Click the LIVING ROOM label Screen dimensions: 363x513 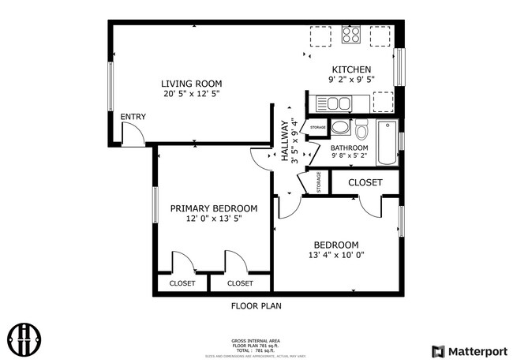click(x=191, y=84)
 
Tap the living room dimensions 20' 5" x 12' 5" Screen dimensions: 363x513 click(x=191, y=94)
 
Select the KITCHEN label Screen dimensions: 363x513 click(x=351, y=69)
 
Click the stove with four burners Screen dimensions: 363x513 click(x=351, y=36)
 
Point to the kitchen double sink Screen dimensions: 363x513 click(x=334, y=103)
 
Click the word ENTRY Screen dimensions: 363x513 click(x=133, y=118)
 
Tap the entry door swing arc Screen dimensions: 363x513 click(x=134, y=136)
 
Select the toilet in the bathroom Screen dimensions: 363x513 click(x=361, y=129)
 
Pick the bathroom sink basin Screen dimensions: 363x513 click(x=340, y=128)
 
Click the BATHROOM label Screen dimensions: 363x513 click(x=349, y=148)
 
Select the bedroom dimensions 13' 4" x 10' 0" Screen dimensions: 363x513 click(x=336, y=255)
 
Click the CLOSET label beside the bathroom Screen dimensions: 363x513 click(x=365, y=182)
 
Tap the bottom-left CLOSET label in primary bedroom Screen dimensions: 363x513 click(x=182, y=283)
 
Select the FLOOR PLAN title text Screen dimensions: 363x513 click(x=256, y=305)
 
